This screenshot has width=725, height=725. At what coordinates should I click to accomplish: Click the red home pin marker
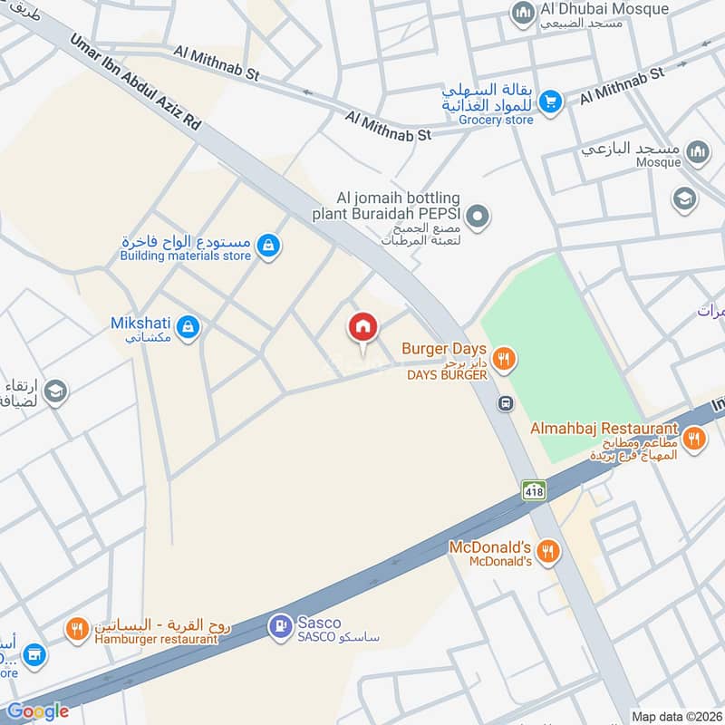(362, 328)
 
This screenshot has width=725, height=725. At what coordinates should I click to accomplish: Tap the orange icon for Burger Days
(505, 360)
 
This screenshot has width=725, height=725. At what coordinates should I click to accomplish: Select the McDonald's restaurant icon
(547, 550)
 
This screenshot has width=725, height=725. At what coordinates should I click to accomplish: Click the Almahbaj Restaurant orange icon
(694, 439)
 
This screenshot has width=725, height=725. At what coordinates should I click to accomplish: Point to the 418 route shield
(534, 490)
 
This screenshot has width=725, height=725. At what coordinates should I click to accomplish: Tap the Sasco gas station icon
(278, 625)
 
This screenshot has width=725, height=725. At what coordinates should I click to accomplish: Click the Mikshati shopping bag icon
(188, 326)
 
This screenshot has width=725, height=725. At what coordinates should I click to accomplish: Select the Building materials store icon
(266, 245)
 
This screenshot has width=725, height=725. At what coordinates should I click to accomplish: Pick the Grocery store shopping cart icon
(549, 102)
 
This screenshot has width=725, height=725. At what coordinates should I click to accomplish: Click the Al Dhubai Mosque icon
(522, 13)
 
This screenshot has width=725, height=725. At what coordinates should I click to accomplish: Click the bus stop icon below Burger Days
(506, 403)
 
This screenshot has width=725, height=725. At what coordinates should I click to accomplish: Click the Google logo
(38, 710)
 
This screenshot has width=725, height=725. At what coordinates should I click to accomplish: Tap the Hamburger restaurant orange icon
(76, 629)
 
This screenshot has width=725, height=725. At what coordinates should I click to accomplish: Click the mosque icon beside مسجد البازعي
(697, 151)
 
